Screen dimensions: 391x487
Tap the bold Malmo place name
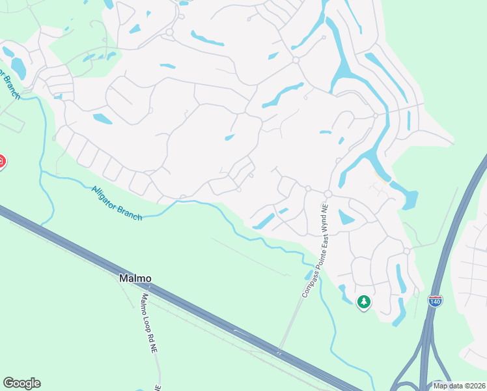pyautogui.click(x=135, y=278)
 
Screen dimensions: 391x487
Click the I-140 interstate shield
pyautogui.click(x=435, y=300)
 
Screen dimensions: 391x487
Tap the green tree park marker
pyautogui.click(x=364, y=302)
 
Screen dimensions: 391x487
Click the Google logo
pyautogui.click(x=21, y=383)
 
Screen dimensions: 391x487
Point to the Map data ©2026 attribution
pyautogui.click(x=458, y=386)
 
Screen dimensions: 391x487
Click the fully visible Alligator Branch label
pyautogui.click(x=117, y=203)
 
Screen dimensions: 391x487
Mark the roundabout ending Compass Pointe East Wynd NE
pyautogui.click(x=328, y=194)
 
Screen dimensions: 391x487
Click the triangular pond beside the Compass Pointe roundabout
pyautogui.click(x=345, y=218)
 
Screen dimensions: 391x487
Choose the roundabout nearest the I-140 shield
pyautogui.click(x=406, y=251)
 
